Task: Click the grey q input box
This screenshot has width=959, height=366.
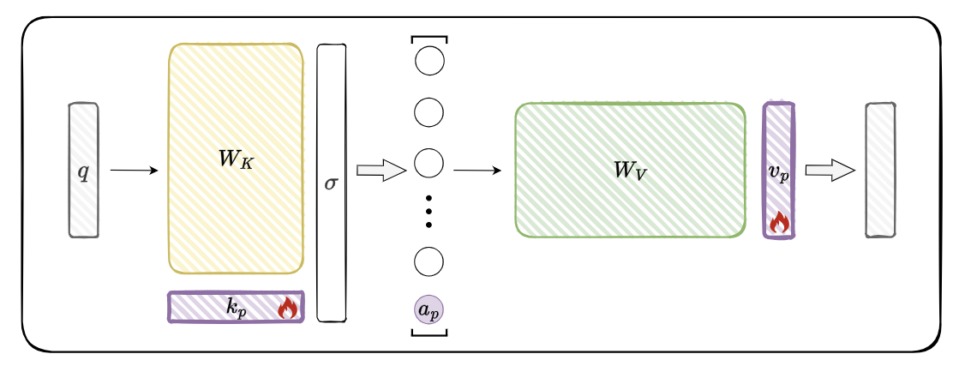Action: coord(83,170)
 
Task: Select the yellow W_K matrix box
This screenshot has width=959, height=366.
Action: coord(236,159)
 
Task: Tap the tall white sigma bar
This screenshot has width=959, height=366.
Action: coord(332,183)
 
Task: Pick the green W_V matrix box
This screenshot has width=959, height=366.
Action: coord(630,170)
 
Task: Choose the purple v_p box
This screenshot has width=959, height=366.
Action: coord(778,170)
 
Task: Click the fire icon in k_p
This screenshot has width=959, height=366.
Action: coord(287,308)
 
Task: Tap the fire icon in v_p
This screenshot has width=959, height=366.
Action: coord(778,222)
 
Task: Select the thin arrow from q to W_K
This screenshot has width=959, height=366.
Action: coord(135,171)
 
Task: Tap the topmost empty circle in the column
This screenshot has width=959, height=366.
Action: coord(429,62)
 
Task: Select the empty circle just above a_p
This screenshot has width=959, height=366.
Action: coord(429,261)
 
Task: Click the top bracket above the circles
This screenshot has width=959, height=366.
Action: coord(429,38)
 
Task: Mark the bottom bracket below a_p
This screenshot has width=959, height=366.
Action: coord(429,333)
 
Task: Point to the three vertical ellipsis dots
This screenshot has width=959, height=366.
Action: coord(429,210)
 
